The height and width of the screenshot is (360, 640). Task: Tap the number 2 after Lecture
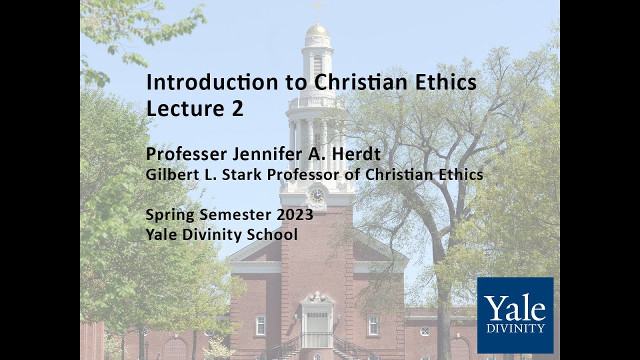tap(237, 108)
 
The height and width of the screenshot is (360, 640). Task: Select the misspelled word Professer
tap(186, 154)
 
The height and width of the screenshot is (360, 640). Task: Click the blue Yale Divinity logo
tap(515, 315)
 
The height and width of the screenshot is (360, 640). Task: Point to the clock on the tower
tap(317, 195)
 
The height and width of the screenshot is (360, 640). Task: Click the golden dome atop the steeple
tap(317, 30)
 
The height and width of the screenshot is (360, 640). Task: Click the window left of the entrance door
tap(260, 325)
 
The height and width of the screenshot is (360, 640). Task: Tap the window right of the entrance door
tap(373, 325)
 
